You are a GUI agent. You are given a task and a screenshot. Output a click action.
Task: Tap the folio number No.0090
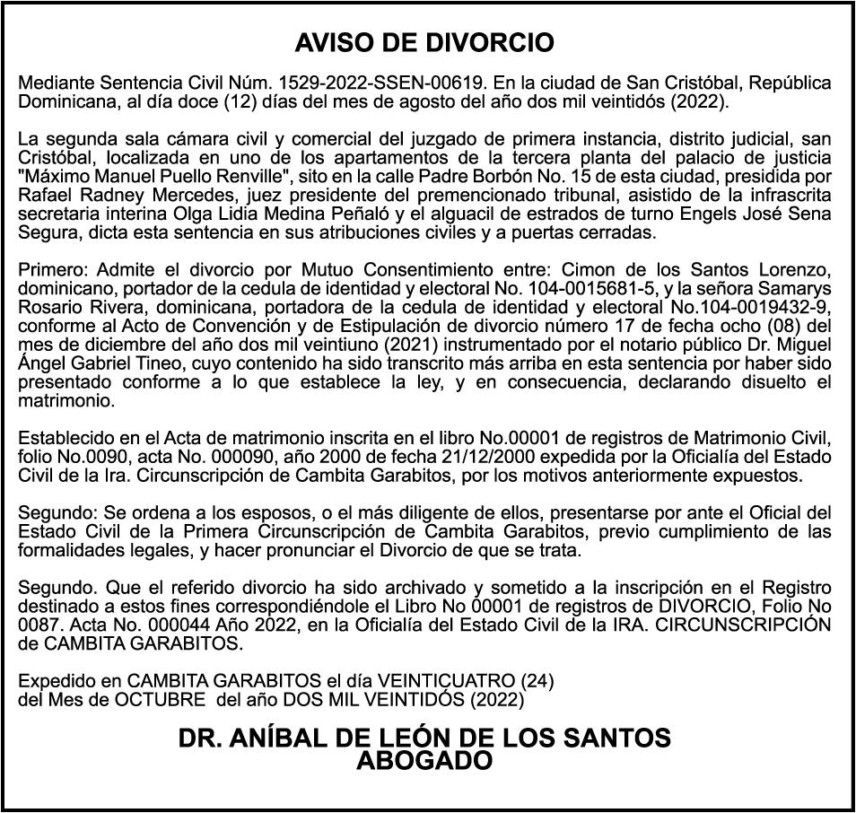pos(86,457)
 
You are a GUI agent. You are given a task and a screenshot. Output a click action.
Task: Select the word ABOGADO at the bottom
pos(424,761)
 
